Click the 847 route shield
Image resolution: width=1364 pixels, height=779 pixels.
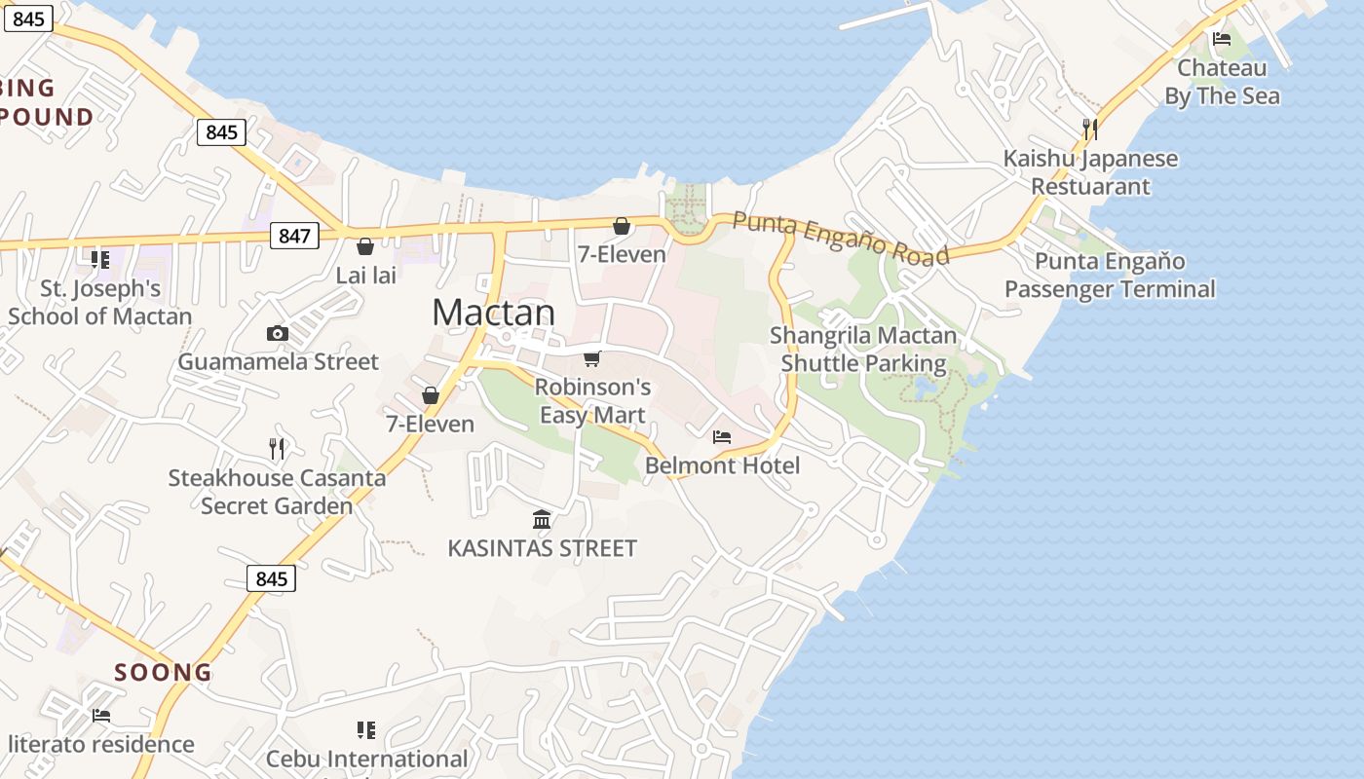point(294,235)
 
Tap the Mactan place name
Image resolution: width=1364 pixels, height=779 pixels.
point(493,313)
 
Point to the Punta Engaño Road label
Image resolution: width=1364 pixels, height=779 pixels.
point(840,238)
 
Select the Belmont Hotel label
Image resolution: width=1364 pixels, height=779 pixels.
point(722,465)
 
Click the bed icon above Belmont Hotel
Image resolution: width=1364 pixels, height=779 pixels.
point(722,437)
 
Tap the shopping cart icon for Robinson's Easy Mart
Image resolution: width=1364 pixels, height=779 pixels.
point(591,359)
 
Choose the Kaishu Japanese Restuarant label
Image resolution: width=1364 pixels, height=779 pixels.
point(1090,172)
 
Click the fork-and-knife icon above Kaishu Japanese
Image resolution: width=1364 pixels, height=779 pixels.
point(1090,129)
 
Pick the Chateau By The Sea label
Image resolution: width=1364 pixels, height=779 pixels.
point(1222,82)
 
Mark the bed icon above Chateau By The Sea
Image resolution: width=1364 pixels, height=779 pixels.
point(1222,40)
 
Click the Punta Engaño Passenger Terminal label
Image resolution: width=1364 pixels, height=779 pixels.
point(1110,276)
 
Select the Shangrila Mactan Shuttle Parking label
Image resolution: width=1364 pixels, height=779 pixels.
point(863,350)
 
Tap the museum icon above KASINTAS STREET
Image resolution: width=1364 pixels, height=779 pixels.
point(542,520)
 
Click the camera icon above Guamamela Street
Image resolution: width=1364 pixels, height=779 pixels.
point(278,334)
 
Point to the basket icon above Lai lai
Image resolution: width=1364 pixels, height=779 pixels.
point(365,246)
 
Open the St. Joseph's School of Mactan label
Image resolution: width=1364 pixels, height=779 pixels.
point(100,303)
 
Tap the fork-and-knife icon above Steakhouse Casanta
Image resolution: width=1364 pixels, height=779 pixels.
point(277,449)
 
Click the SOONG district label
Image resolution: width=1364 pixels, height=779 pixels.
point(163,672)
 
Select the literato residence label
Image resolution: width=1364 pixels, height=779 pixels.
point(101,745)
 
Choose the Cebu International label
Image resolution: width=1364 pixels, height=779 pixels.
point(366,759)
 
